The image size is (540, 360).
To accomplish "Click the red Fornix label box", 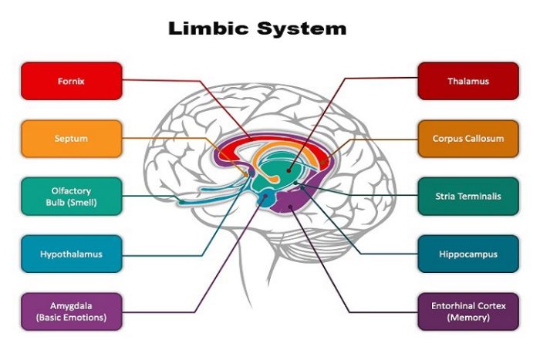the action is coord(72,81).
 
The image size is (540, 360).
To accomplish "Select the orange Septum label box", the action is coord(72,139).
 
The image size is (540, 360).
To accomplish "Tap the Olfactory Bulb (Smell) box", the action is coord(72,197).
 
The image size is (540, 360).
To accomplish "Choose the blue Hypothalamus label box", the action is coord(72,254).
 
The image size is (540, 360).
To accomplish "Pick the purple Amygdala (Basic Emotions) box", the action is coord(72,311).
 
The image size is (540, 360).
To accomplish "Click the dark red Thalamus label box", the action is coord(468,81).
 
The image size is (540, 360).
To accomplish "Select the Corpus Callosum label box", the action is coord(468,139).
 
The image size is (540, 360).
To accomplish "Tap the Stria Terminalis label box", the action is coord(468,197).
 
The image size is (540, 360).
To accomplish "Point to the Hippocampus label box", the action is coord(468,254).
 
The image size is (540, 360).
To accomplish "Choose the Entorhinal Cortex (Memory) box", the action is coord(468,311).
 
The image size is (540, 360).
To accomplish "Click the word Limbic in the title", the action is coord(208,29).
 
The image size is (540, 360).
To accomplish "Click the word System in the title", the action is coord(302,29).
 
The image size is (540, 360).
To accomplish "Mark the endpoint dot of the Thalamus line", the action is coord(289,170).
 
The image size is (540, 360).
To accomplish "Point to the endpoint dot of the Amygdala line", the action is coord(265,196).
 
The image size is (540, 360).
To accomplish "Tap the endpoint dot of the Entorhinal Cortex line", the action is coord(290,207).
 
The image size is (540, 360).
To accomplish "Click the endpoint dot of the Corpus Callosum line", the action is coord(323,162).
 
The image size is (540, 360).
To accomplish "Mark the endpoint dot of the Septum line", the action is coord(247,175).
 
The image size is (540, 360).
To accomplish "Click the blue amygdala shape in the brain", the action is coord(267,199).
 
